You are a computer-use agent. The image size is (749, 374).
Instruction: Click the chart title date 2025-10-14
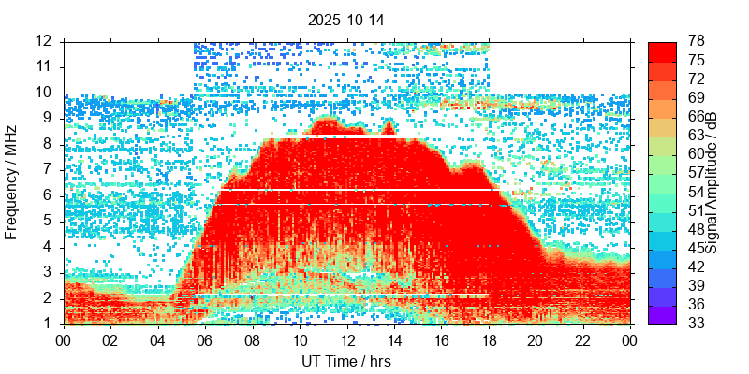coord(345,19)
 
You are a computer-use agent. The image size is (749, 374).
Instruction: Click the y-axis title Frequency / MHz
coord(12,182)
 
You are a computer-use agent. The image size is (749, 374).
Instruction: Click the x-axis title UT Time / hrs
coord(345,361)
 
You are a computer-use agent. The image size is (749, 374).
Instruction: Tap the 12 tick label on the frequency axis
coord(45,41)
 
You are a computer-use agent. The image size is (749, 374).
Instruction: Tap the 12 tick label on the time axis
coord(346,339)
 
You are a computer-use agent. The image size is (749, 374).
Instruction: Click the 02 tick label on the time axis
coord(110,339)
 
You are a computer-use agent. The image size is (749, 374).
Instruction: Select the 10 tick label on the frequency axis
coord(45,93)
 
